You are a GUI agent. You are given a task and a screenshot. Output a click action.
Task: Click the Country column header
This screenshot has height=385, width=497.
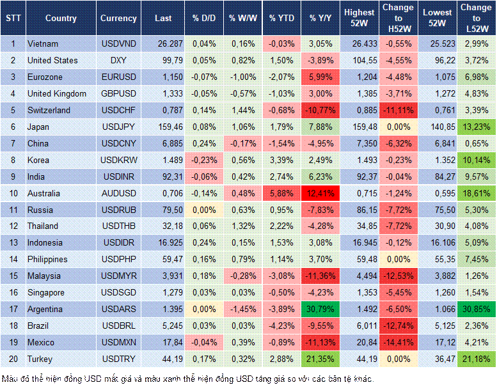click(x=61, y=18)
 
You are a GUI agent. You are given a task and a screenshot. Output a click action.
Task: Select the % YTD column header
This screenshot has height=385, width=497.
click(x=281, y=18)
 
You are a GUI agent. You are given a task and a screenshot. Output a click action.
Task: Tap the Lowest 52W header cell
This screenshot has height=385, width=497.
click(x=438, y=18)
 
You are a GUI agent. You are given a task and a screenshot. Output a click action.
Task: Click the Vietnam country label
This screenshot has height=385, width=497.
click(x=43, y=43)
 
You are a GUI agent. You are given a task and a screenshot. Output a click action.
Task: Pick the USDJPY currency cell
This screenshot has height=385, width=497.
click(x=118, y=127)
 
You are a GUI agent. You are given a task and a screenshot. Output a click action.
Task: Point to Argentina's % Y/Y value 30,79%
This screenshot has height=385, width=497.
click(x=320, y=310)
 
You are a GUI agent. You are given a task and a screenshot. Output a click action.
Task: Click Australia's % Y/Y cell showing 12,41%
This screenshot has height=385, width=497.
click(x=320, y=193)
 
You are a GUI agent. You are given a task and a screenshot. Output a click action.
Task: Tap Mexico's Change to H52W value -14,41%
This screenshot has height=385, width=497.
click(x=398, y=343)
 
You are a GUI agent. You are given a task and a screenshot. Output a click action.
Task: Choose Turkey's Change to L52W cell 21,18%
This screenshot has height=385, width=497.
click(x=477, y=359)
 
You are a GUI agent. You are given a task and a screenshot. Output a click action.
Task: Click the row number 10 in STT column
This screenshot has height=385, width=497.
click(x=13, y=193)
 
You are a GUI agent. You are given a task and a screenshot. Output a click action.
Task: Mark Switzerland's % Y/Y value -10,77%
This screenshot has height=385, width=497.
click(x=320, y=110)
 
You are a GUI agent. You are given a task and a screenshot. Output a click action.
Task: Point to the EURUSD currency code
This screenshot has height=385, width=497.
click(x=118, y=77)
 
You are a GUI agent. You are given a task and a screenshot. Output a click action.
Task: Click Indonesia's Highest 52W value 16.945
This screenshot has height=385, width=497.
click(x=359, y=243)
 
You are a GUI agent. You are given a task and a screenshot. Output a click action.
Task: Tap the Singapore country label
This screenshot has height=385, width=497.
click(x=46, y=293)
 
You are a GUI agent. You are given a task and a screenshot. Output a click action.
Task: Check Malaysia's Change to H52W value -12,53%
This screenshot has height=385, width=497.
click(x=398, y=276)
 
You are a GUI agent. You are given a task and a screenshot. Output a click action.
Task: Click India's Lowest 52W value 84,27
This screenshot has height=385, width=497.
click(x=438, y=177)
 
